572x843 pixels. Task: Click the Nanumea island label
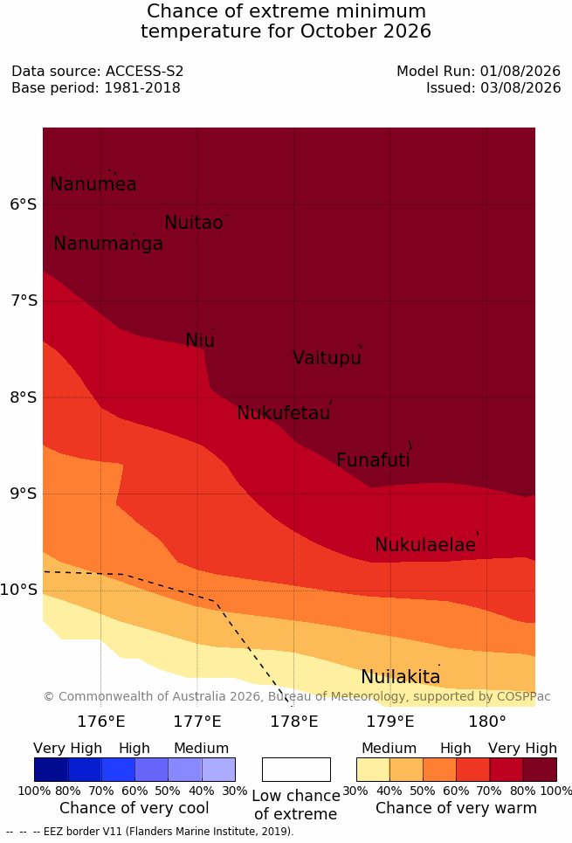click(x=93, y=183)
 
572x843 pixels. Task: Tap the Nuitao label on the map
click(x=194, y=222)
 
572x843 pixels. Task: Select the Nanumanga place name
click(x=108, y=244)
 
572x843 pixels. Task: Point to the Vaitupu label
click(x=327, y=357)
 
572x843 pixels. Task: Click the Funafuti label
click(x=373, y=460)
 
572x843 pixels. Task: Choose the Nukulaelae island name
click(x=425, y=544)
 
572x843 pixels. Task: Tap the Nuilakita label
click(x=401, y=676)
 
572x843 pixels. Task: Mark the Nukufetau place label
click(x=283, y=413)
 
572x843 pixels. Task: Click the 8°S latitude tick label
click(x=24, y=397)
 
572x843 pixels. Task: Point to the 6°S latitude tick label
click(x=24, y=204)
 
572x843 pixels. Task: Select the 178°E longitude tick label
click(x=294, y=721)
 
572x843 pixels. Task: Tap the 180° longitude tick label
click(x=487, y=721)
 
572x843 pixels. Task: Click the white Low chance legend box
click(x=296, y=770)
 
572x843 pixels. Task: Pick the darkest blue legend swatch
click(x=51, y=770)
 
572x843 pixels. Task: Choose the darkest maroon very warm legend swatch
click(x=540, y=770)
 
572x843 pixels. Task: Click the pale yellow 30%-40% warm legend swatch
click(x=373, y=770)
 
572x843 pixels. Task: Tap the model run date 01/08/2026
click(x=520, y=71)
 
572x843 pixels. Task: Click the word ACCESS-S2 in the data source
click(x=144, y=71)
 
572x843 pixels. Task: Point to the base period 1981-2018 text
click(x=142, y=87)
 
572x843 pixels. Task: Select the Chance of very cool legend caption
click(x=134, y=808)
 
